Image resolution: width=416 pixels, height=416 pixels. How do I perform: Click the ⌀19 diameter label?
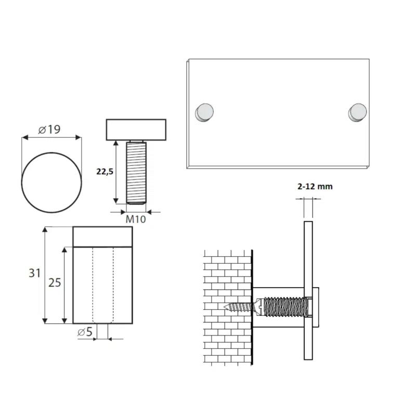click(x=49, y=129)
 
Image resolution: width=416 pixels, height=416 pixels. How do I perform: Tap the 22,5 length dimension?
click(x=105, y=172)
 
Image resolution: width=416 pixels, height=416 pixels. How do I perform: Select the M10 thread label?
click(x=136, y=219)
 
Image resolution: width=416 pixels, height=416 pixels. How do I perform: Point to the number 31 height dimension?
click(x=34, y=273)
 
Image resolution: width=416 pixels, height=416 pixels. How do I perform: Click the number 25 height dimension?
click(x=55, y=283)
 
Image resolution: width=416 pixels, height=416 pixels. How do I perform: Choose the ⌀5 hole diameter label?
click(x=85, y=332)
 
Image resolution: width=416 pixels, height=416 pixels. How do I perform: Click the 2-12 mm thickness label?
click(x=315, y=187)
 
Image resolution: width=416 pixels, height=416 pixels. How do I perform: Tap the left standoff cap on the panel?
click(x=204, y=112)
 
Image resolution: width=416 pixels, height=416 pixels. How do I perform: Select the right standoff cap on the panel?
click(x=358, y=112)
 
